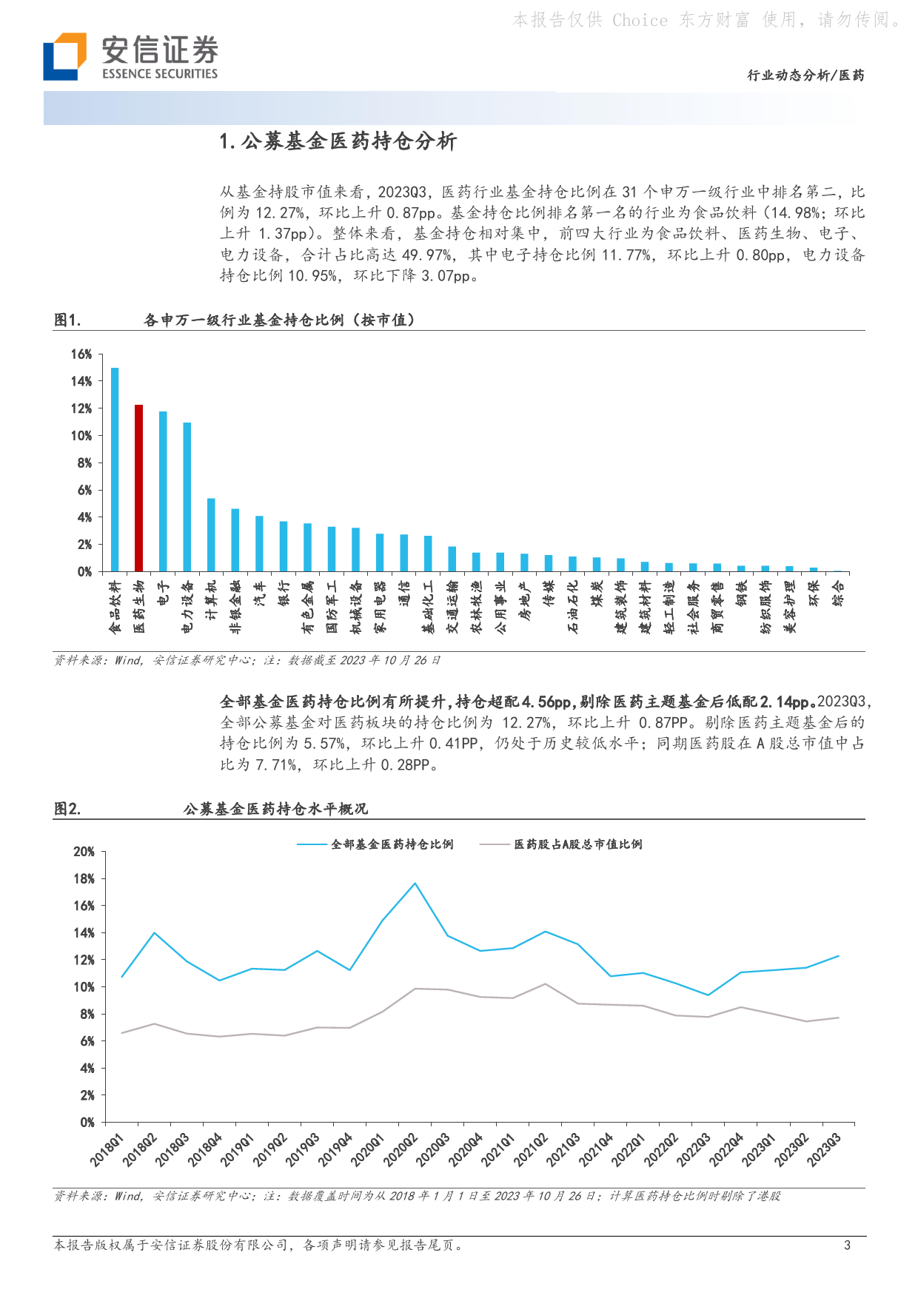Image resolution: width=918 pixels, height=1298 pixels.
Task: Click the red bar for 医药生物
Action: pos(138,488)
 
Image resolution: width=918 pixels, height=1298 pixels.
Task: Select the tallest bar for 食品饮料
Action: pos(115,469)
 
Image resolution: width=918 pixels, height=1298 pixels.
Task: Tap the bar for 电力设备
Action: pos(187,497)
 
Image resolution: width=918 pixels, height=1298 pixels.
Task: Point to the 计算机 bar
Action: pos(211,534)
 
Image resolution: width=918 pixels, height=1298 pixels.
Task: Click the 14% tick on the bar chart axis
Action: pos(81,381)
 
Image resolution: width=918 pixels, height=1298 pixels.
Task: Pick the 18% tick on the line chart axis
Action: pos(84,878)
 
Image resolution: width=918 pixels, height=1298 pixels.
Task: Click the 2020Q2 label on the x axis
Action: pos(401,1151)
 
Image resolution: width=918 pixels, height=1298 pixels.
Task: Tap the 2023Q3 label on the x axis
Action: pos(824,1151)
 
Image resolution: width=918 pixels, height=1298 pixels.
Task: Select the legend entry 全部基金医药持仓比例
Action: pos(375,844)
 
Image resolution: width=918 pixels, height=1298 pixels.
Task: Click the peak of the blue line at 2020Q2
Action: pos(415,883)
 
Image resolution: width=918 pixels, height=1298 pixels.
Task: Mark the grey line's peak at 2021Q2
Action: pos(545,983)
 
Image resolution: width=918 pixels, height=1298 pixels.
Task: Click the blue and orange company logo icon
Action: pos(65,56)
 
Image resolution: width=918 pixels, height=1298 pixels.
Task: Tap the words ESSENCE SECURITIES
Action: pos(160,74)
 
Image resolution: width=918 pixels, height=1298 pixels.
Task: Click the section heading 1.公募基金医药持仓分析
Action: pos(338,141)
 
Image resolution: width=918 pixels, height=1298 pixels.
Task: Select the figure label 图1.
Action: pos(67,320)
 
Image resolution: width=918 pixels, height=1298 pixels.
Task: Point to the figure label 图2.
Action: pos(67,809)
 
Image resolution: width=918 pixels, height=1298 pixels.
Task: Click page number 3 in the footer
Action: pos(847,1245)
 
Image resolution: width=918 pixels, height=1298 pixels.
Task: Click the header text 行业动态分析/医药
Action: pos(805,75)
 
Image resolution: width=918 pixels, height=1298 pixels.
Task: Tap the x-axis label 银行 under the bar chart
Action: pos(284,593)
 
